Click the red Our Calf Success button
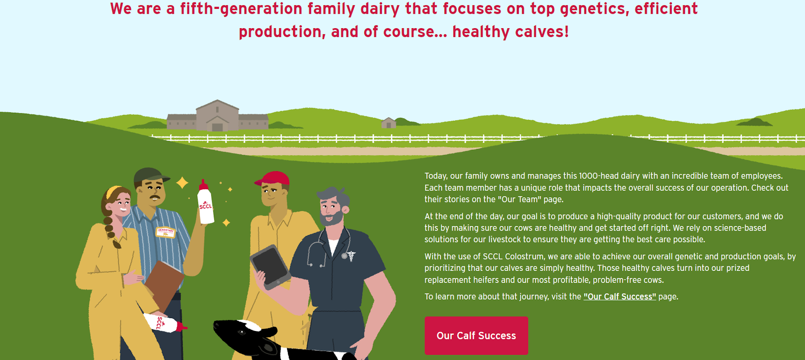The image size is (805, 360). pyautogui.click(x=476, y=335)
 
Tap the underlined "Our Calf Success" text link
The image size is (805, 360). pyautogui.click(x=620, y=297)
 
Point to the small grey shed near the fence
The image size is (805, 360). pyautogui.click(x=388, y=123)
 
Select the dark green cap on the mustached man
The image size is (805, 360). pyautogui.click(x=151, y=175)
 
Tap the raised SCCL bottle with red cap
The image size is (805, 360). pyautogui.click(x=205, y=202)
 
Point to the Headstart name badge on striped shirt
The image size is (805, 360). pyautogui.click(x=165, y=232)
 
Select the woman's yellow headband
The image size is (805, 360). pyautogui.click(x=114, y=191)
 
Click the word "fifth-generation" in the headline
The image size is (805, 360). pyautogui.click(x=241, y=9)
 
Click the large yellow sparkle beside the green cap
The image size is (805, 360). pyautogui.click(x=182, y=182)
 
